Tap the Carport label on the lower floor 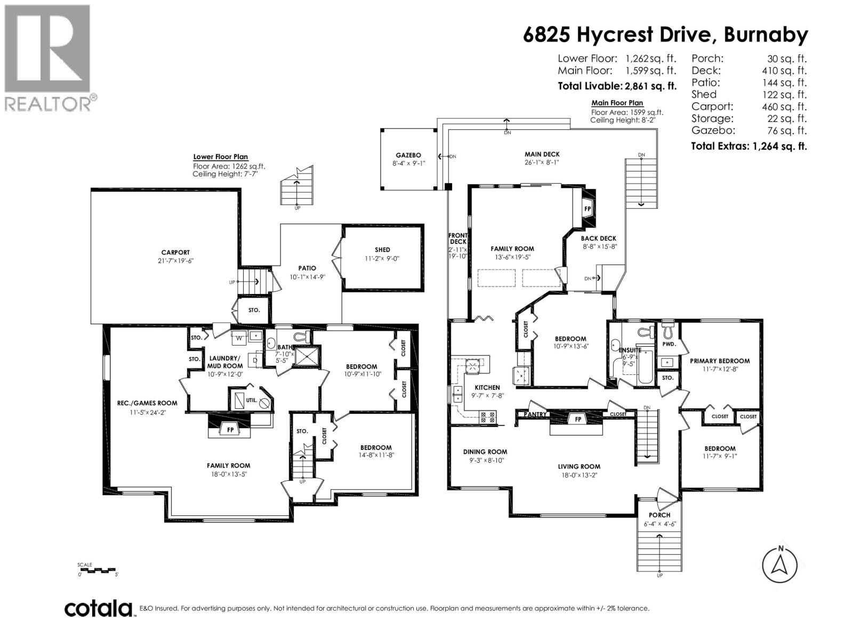click(x=175, y=252)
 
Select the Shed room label click(x=382, y=249)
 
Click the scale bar click(x=98, y=570)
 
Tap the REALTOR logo click(x=48, y=58)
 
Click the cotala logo click(x=99, y=608)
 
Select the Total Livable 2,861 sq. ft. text click(x=617, y=86)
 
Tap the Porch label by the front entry click(x=659, y=515)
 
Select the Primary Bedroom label click(x=719, y=361)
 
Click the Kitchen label click(x=487, y=387)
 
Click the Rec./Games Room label click(x=147, y=403)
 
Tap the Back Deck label click(x=598, y=239)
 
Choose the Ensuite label click(x=630, y=350)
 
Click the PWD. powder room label click(x=669, y=344)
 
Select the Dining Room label click(x=485, y=452)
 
